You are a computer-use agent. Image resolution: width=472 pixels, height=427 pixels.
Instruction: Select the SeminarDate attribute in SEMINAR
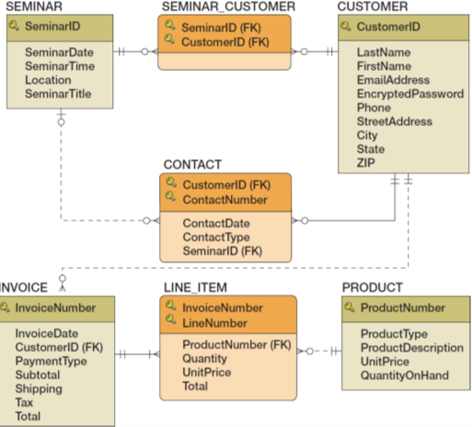58,52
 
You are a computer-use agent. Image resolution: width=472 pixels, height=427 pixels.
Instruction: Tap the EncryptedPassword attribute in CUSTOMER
410,94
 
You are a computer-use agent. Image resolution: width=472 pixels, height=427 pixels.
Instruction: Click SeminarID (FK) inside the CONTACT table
222,250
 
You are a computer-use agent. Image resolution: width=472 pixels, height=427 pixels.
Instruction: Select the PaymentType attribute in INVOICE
51,362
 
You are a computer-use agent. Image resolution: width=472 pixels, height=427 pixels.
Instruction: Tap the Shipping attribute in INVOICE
39,389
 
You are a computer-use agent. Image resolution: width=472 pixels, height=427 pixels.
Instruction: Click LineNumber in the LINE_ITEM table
214,323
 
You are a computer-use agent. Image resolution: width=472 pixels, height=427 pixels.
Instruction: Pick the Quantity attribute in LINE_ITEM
204,359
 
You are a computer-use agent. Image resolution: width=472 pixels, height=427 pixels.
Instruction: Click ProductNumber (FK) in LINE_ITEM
236,345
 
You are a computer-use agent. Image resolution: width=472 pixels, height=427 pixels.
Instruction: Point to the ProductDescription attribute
412,348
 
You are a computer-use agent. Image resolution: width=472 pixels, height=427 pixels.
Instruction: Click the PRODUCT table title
373,288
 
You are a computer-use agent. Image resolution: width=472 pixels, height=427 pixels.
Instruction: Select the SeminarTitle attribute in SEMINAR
58,94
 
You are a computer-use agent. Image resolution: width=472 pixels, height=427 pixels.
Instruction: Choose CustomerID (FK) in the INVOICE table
59,348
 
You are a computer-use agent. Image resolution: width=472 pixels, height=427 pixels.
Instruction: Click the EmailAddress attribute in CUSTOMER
393,80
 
